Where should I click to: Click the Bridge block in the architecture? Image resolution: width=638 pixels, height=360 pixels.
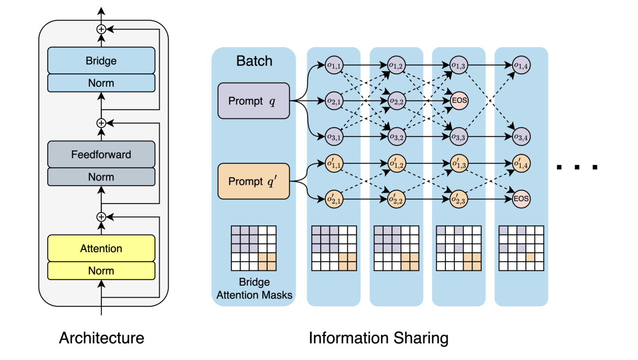[x=101, y=61]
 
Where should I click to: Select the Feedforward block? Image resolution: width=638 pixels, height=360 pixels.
[x=101, y=154]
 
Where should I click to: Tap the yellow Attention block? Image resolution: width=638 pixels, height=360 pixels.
[x=101, y=248]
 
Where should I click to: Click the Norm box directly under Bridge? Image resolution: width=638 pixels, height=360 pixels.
[x=101, y=83]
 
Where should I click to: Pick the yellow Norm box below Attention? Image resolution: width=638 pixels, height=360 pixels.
[x=101, y=271]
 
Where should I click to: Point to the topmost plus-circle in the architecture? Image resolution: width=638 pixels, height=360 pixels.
[x=101, y=29]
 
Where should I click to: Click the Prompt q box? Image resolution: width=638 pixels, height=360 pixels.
[x=254, y=101]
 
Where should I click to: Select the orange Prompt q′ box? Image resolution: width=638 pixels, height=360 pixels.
[x=254, y=181]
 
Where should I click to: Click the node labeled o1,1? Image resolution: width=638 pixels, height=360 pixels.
[x=334, y=65]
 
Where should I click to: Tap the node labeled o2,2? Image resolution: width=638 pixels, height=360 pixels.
[x=396, y=101]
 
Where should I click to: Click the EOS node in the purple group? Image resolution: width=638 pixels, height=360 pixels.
[x=459, y=101]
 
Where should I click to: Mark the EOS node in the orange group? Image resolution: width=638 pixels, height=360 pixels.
[x=521, y=199]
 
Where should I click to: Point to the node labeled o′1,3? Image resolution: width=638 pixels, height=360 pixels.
[x=459, y=164]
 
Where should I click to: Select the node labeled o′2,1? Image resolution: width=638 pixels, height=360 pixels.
[x=334, y=199]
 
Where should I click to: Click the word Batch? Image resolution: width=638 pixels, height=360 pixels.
[x=254, y=61]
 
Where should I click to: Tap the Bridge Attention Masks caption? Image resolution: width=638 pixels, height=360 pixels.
[x=254, y=288]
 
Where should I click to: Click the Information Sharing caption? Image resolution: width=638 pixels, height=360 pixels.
[x=378, y=338]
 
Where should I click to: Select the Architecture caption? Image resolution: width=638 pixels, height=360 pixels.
[x=101, y=338]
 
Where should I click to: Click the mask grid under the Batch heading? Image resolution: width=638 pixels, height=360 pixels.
[x=254, y=248]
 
